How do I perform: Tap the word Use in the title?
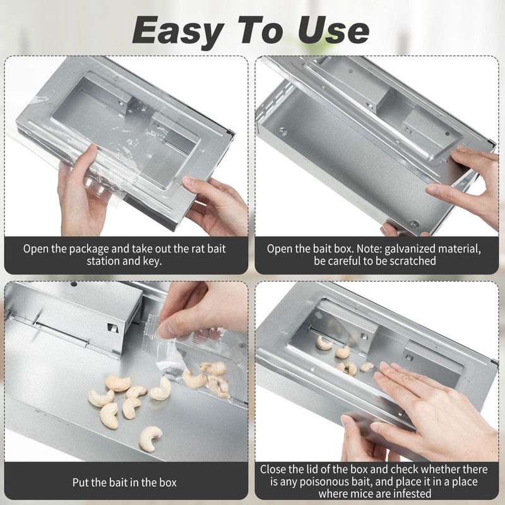click(x=335, y=30)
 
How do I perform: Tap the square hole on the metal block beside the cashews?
click(x=112, y=327)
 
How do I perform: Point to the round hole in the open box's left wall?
click(x=282, y=132)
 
